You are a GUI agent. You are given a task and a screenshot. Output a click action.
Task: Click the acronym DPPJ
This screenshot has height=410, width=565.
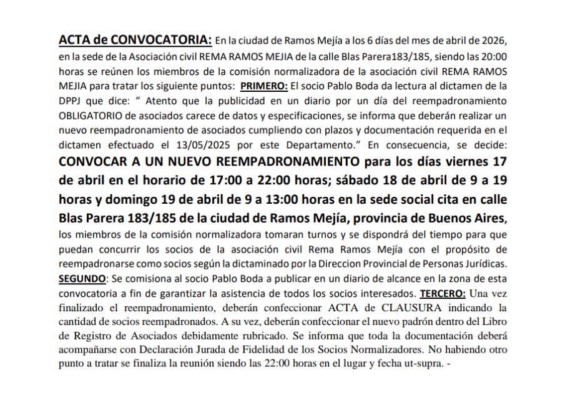(71, 100)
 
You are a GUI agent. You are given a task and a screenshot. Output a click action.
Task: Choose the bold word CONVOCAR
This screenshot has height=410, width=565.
(91, 162)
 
